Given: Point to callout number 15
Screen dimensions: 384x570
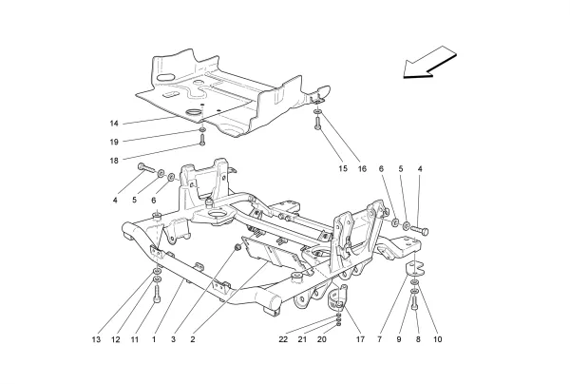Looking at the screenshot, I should [343, 169].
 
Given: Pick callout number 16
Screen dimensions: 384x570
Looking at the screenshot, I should [361, 169].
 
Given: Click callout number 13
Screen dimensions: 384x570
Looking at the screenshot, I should [96, 339].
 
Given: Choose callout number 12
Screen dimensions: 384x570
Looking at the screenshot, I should [116, 339].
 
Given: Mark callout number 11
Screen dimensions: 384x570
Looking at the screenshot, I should [134, 339].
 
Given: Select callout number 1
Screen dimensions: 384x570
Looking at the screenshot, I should [154, 339].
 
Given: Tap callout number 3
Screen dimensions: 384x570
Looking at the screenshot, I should [174, 339].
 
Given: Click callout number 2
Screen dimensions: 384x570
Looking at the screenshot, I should [193, 339].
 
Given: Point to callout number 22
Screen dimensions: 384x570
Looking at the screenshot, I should [283, 339].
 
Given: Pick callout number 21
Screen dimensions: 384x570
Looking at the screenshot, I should [302, 339].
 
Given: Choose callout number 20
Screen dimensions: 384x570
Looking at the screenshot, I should [321, 339].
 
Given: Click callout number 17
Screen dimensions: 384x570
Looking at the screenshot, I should [360, 339].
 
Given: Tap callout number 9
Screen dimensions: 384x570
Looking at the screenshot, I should [400, 339].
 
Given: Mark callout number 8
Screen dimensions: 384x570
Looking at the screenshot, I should [419, 339].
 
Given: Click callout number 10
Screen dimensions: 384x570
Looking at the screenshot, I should [438, 339].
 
